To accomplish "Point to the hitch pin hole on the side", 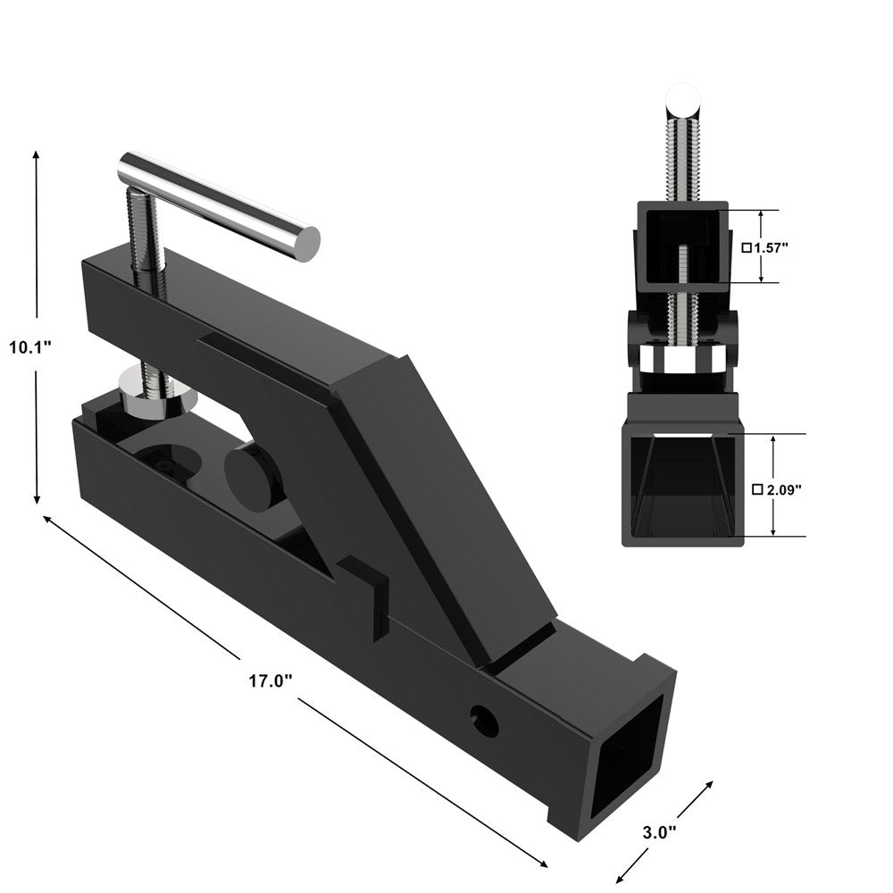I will (485, 721).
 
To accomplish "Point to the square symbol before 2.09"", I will (757, 489).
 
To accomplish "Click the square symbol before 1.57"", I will (747, 247).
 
